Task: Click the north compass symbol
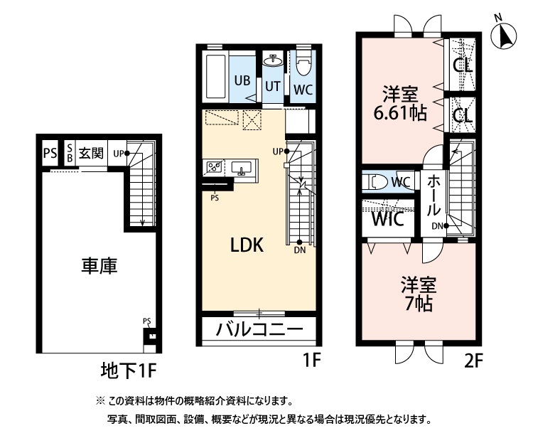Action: (505, 36)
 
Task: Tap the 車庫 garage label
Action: (99, 266)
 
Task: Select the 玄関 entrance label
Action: (91, 153)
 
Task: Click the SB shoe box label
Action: (70, 153)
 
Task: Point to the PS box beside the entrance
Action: (50, 153)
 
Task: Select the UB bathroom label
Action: (242, 80)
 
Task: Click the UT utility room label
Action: (273, 86)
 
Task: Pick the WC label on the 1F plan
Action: (303, 90)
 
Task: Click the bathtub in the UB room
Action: (215, 77)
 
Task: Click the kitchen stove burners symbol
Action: (214, 169)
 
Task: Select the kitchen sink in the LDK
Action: (242, 169)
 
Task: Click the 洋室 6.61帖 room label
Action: (401, 103)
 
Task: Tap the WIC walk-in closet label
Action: (388, 218)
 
